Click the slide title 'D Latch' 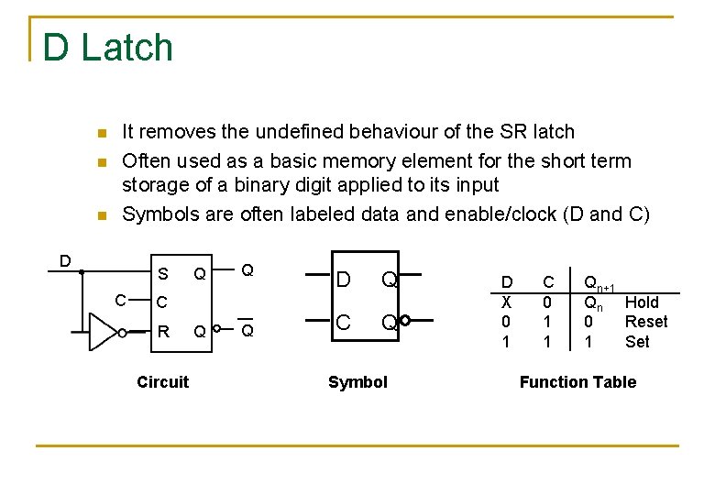coord(107,48)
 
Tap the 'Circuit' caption coord(162,382)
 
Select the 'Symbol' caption coord(357,382)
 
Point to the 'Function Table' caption coord(577,382)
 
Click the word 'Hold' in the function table coord(642,302)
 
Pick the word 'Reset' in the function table coord(646,322)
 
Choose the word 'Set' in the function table coord(637,342)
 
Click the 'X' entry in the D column coord(506,302)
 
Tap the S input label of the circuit coord(163,273)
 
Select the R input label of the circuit coord(163,332)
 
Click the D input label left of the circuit coord(65,260)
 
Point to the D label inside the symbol coord(343,279)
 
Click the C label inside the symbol coord(343,323)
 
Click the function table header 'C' coord(549,283)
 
